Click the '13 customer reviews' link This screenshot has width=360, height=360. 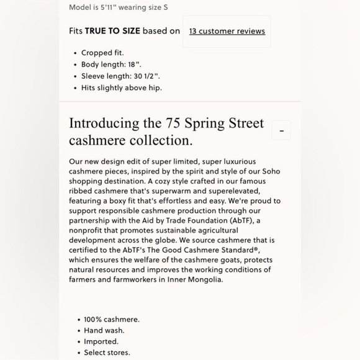point(227,31)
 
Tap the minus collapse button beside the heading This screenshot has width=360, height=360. point(281,131)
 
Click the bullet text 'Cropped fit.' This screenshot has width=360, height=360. point(103,53)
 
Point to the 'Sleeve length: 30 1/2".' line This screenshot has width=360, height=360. point(120,76)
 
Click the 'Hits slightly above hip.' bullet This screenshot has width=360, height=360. point(122,88)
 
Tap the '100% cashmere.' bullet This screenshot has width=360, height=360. point(112,319)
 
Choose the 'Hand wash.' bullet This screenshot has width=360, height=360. point(104,330)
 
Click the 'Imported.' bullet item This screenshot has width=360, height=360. point(101,341)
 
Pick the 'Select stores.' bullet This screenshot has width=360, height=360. point(107,353)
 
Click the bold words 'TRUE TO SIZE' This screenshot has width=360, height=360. point(112,31)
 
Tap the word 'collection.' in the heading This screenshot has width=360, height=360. point(158,140)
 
